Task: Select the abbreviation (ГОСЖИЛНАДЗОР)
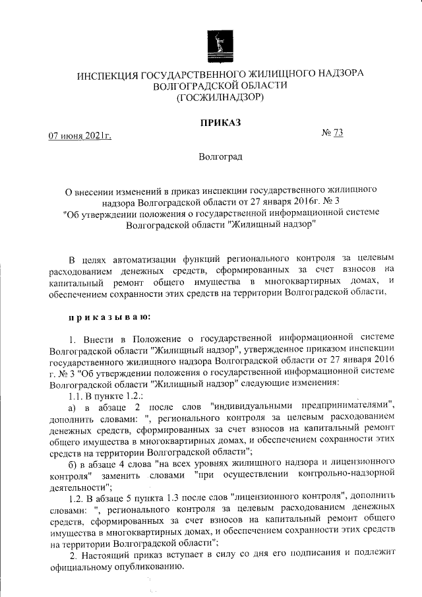tap(220, 98)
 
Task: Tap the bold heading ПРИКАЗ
tap(220, 121)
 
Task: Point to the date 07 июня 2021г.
tap(80, 136)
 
